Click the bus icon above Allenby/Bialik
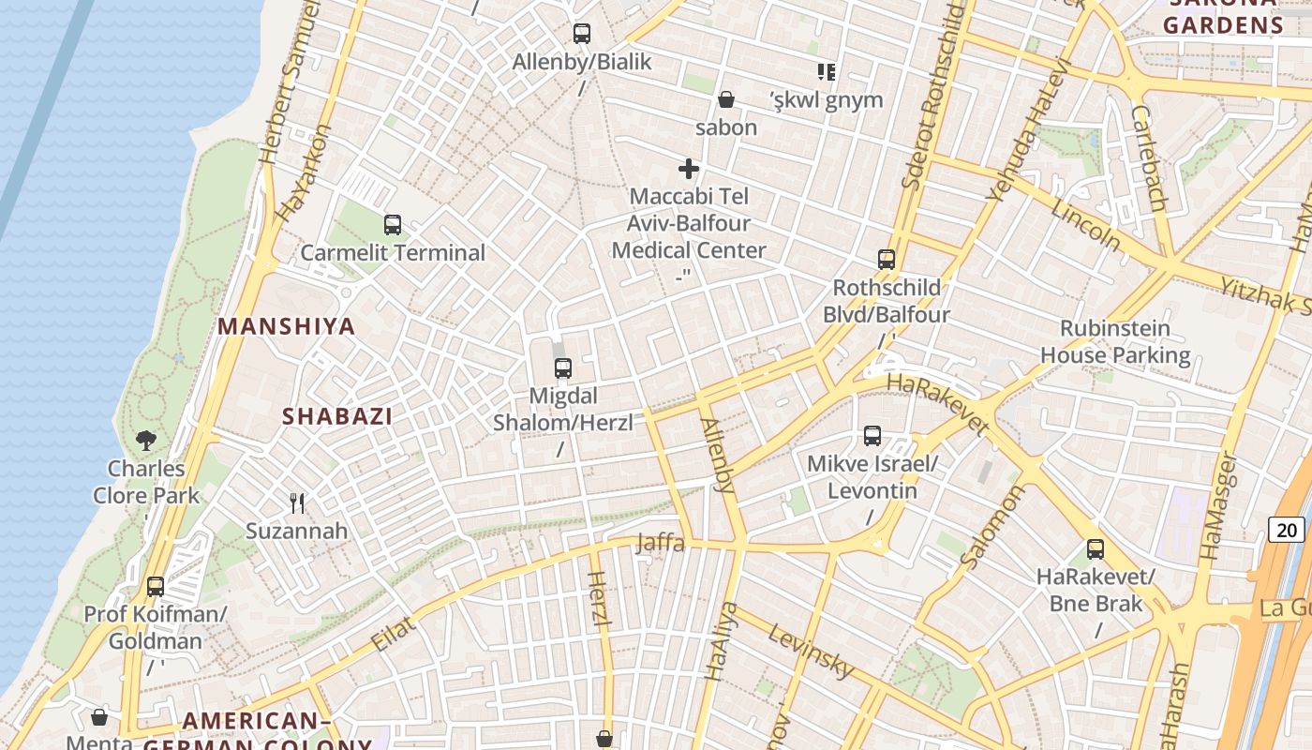pyautogui.click(x=582, y=34)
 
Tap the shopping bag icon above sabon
pyautogui.click(x=726, y=99)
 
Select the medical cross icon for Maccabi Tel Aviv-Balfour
pyautogui.click(x=689, y=169)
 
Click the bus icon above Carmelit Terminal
pyautogui.click(x=393, y=225)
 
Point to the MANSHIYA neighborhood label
pyautogui.click(x=287, y=326)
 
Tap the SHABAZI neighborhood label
pyautogui.click(x=337, y=416)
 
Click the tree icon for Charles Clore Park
pyautogui.click(x=146, y=440)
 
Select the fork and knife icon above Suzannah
pyautogui.click(x=297, y=503)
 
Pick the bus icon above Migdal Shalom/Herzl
pyautogui.click(x=562, y=368)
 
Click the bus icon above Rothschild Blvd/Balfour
pyautogui.click(x=887, y=260)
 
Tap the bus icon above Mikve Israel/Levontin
pyautogui.click(x=872, y=436)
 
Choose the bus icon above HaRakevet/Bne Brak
pyautogui.click(x=1096, y=549)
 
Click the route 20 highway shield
pyautogui.click(x=1287, y=530)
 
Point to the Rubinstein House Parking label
pyautogui.click(x=1115, y=342)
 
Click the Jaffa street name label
pyautogui.click(x=661, y=543)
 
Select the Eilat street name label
pyautogui.click(x=394, y=634)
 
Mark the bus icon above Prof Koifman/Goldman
pyautogui.click(x=156, y=587)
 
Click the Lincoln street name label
pyautogui.click(x=1085, y=225)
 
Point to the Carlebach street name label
pyautogui.click(x=1149, y=157)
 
